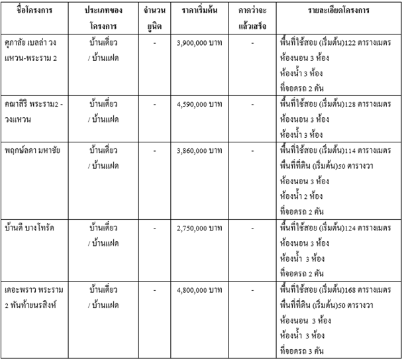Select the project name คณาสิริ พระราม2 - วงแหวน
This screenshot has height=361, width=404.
tap(37, 112)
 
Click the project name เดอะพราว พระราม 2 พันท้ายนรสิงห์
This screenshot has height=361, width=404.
tap(37, 297)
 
